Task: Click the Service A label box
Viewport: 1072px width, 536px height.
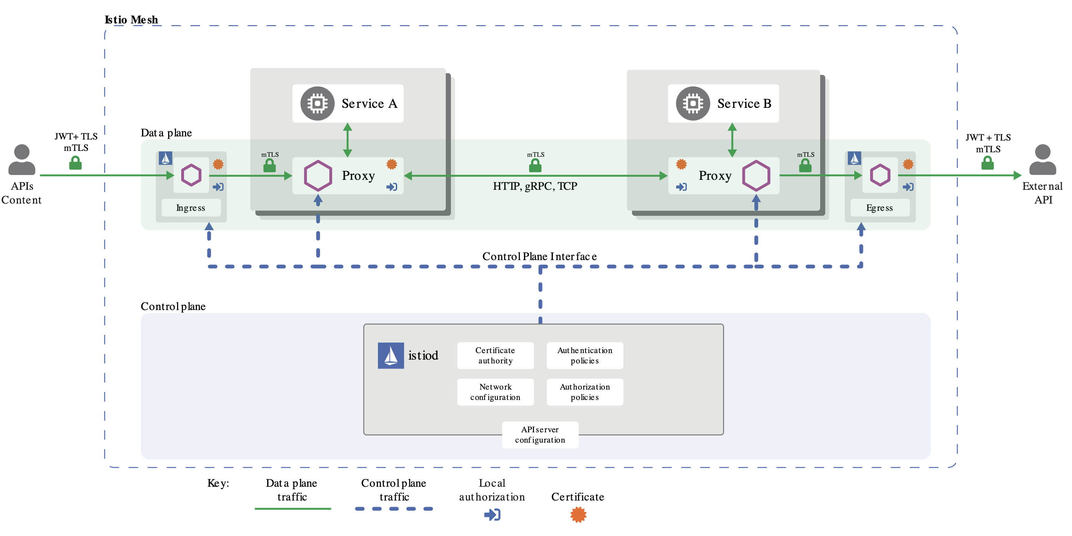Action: point(348,103)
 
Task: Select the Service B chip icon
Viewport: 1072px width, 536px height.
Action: point(692,103)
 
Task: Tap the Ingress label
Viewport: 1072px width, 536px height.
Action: point(190,208)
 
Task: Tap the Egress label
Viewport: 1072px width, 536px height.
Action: point(879,208)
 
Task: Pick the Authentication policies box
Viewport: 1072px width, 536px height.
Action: point(585,355)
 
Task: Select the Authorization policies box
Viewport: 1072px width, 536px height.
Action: point(585,392)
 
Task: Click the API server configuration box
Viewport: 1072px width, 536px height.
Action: point(540,434)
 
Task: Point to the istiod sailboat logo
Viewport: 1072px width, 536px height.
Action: point(390,355)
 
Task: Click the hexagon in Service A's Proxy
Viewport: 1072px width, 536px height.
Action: point(318,176)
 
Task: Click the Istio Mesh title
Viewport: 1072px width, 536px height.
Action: point(131,20)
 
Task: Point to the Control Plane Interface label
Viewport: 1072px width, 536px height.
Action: point(539,256)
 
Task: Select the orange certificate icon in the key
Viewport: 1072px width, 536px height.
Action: point(578,515)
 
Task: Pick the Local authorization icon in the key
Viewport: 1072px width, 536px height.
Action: point(492,515)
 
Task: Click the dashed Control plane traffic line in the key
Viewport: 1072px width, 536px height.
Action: point(394,508)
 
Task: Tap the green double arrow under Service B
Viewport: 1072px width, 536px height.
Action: point(732,140)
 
